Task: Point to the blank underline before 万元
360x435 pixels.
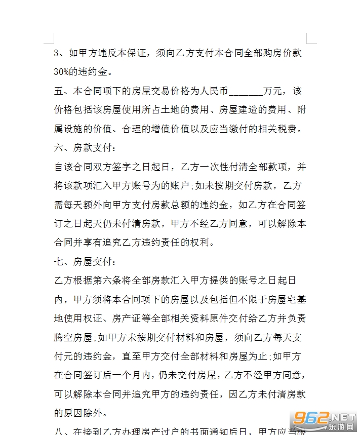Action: pyautogui.click(x=246, y=92)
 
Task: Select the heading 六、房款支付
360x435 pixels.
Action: pyautogui.click(x=85, y=148)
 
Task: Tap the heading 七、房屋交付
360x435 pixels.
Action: pyautogui.click(x=85, y=261)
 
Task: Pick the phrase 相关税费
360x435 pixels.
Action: pyautogui.click(x=282, y=129)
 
